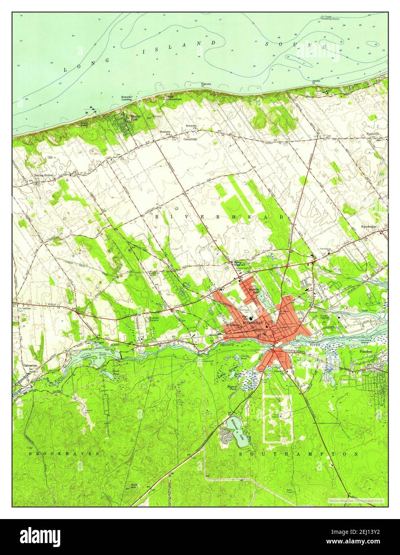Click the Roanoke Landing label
point(127,98)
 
